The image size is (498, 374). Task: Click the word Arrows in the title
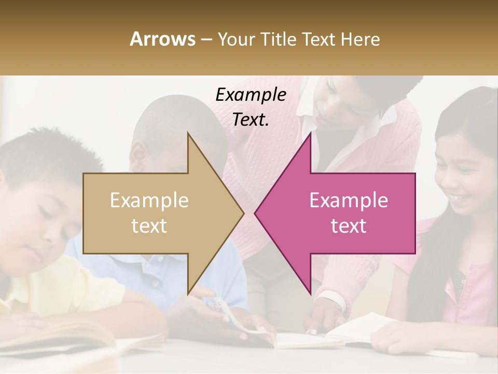point(162,39)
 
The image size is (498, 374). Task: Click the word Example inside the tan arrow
point(149,201)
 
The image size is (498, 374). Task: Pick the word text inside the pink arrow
point(349,225)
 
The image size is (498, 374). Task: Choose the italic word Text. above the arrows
point(251,119)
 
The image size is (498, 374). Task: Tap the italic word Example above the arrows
point(251,95)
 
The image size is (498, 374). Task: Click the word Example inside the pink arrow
point(349,201)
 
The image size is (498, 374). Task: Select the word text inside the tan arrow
point(149,225)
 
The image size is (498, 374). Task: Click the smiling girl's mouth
point(460,198)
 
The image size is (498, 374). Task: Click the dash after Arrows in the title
point(206,39)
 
